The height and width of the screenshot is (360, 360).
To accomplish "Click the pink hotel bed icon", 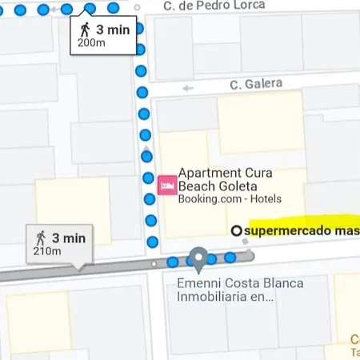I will [x=167, y=185].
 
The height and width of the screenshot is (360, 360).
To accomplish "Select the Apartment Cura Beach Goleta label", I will [x=226, y=179].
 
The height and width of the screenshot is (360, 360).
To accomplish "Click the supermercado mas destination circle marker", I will [x=236, y=231].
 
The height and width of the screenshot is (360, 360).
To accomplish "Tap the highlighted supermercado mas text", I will [x=301, y=231].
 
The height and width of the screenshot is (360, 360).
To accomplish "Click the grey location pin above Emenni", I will [x=198, y=259].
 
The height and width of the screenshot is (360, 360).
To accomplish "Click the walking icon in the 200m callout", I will [x=85, y=30].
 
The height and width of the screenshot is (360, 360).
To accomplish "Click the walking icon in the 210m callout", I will [x=41, y=238].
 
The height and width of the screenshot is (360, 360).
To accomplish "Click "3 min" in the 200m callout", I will [x=112, y=30].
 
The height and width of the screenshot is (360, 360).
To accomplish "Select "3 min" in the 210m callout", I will [x=68, y=238].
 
